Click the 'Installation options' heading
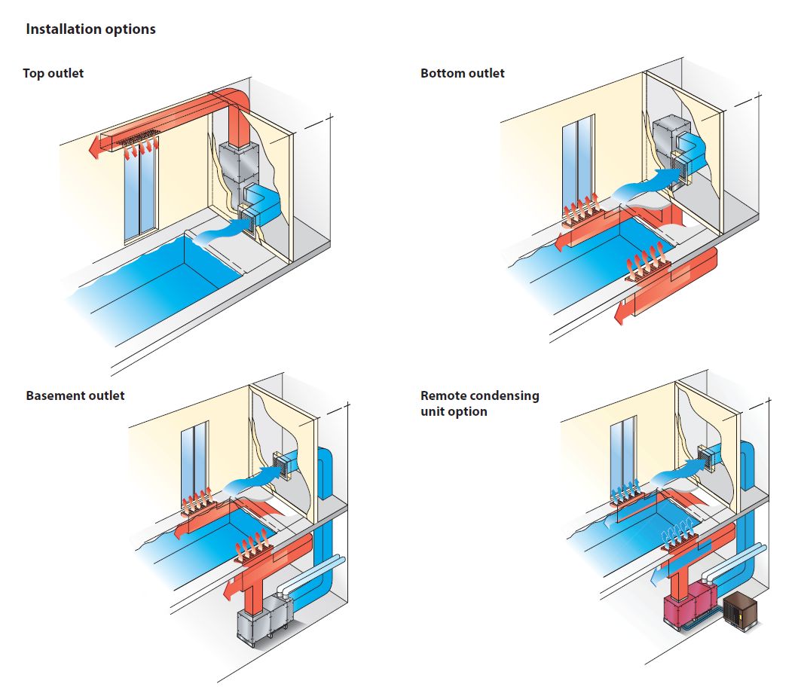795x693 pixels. [x=90, y=29]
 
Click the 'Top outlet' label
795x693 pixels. [x=53, y=73]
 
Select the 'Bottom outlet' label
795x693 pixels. [x=462, y=73]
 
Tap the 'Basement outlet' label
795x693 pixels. [x=75, y=395]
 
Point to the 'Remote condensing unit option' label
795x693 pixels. [x=479, y=404]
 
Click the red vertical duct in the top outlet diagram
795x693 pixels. [x=237, y=124]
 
